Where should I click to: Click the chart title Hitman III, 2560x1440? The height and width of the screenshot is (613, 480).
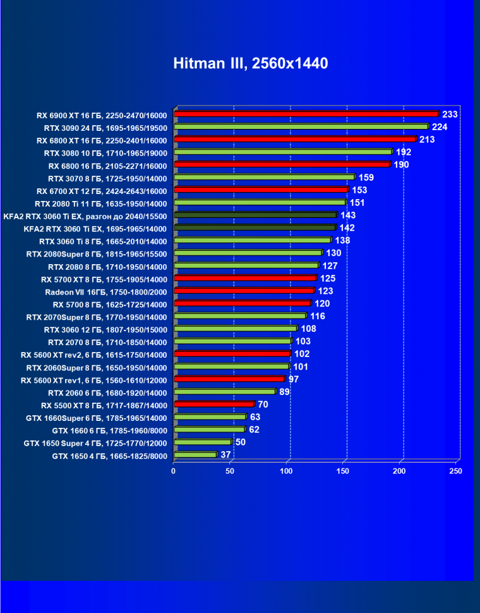tap(251, 64)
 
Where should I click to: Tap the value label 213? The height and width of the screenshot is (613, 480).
tap(427, 139)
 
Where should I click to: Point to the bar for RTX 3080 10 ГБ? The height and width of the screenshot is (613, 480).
tap(283, 152)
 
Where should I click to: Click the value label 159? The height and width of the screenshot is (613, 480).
tap(366, 177)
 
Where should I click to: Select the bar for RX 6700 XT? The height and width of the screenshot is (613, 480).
tap(261, 190)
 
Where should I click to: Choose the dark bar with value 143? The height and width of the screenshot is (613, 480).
tap(255, 215)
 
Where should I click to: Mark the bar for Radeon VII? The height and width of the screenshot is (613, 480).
tap(244, 291)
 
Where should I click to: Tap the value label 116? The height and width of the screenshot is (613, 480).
tap(318, 316)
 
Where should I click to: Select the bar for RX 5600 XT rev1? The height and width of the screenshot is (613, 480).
tap(229, 379)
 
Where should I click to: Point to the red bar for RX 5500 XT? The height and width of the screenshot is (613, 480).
tap(214, 404)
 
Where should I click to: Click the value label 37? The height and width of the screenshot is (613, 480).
tap(225, 455)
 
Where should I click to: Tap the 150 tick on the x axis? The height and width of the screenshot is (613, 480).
tap(344, 471)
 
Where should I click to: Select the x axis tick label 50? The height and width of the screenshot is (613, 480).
tap(230, 471)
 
